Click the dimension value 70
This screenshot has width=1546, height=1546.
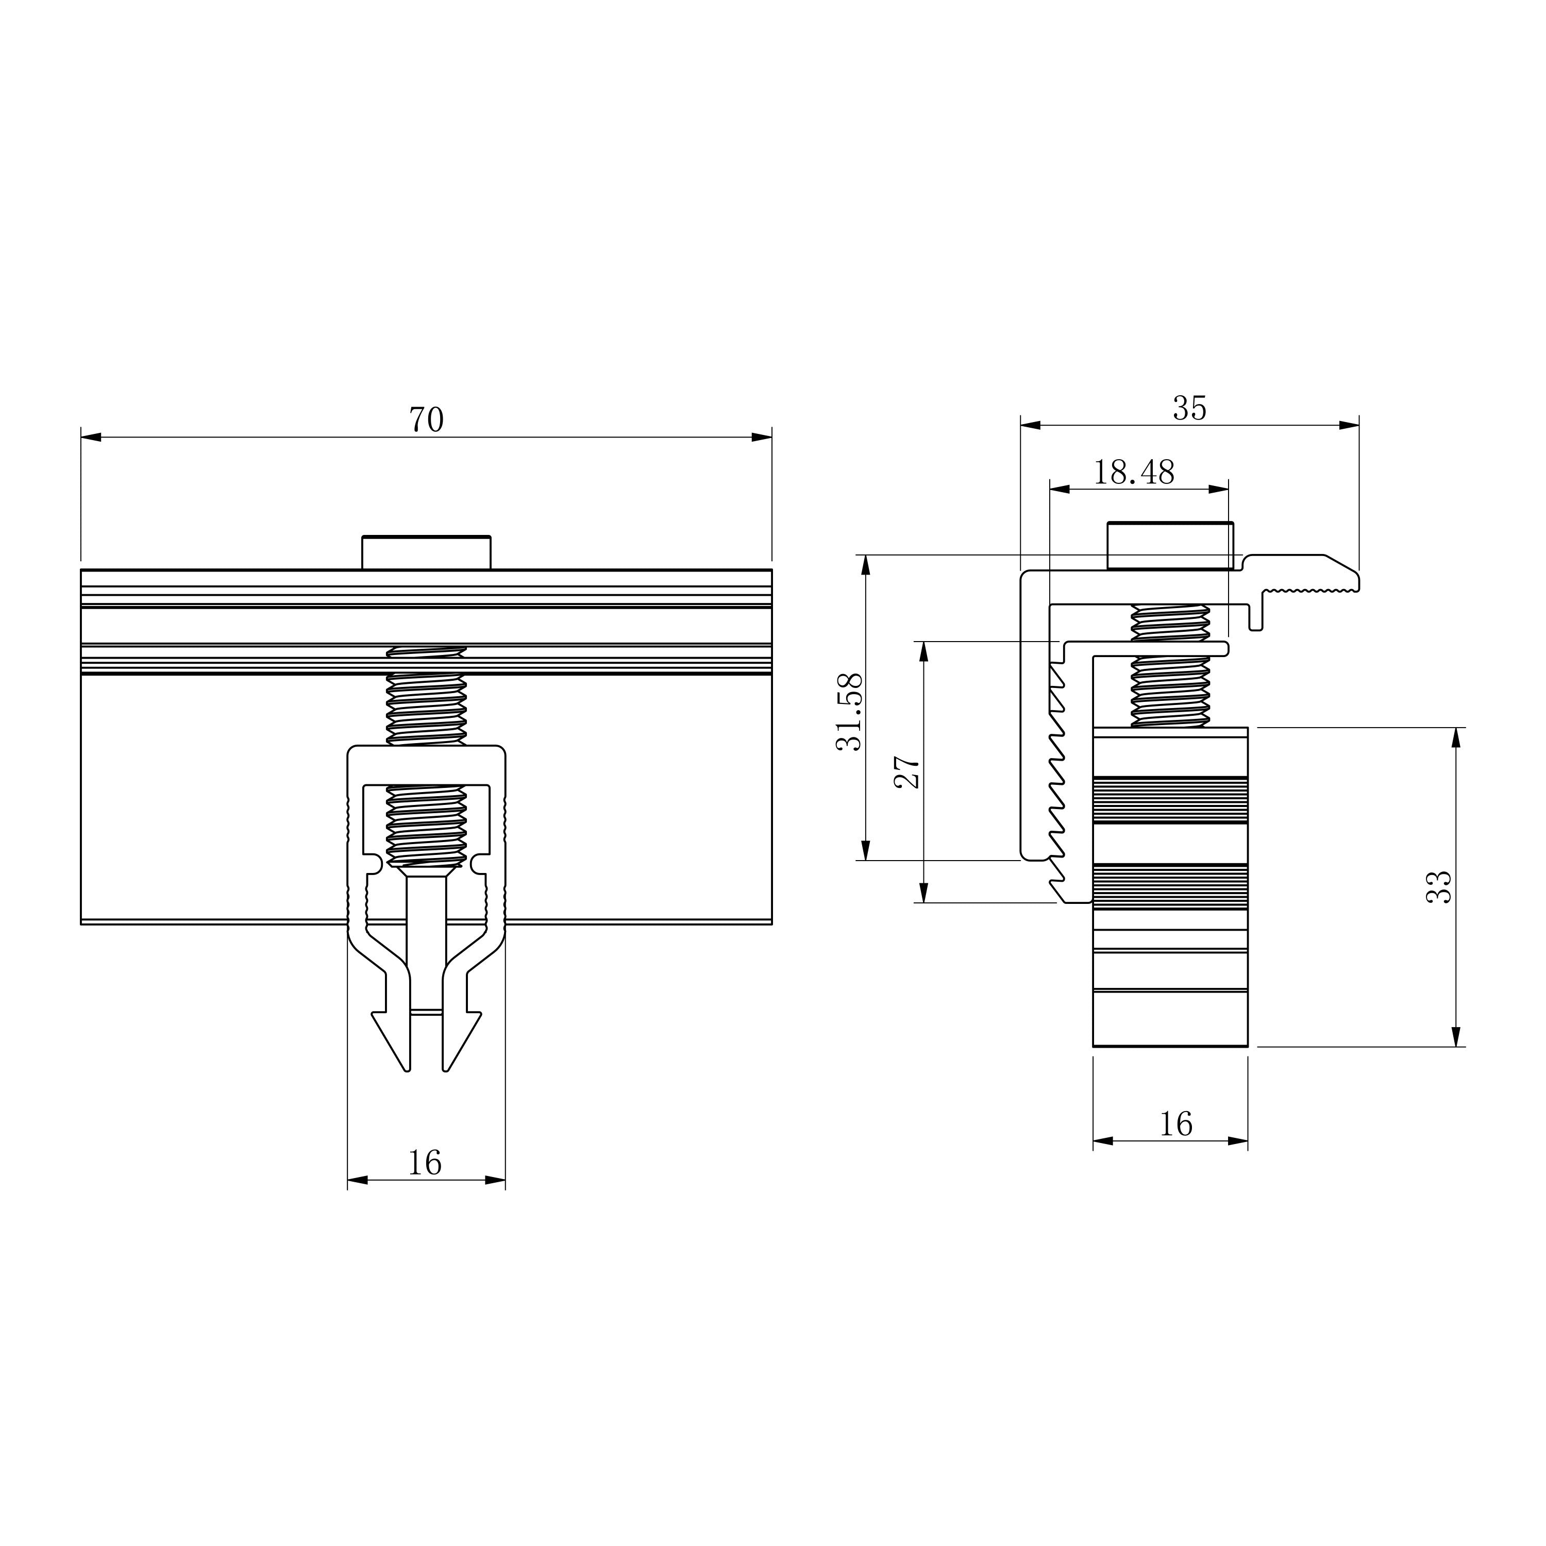click(x=427, y=420)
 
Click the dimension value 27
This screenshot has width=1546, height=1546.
click(x=908, y=772)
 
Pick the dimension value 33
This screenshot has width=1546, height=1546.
click(x=1439, y=886)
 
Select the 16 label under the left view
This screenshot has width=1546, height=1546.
click(x=425, y=1163)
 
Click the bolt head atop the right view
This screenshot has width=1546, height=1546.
click(x=1170, y=546)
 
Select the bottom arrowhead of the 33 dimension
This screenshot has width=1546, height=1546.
click(x=1456, y=1036)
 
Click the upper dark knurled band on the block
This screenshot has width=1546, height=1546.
click(x=1170, y=799)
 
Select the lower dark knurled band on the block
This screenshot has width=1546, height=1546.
click(x=1170, y=886)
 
